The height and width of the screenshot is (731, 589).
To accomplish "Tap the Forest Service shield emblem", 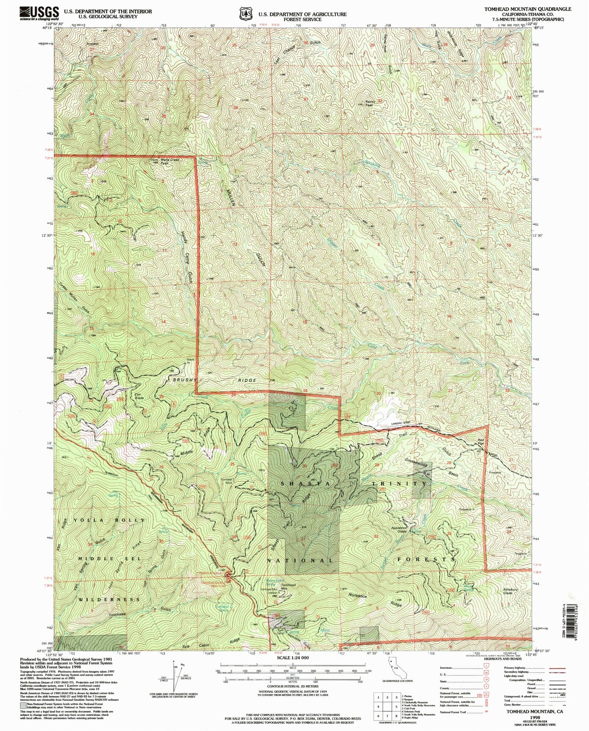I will (x=245, y=14).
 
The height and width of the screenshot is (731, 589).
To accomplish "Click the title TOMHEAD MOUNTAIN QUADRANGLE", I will (x=528, y=9).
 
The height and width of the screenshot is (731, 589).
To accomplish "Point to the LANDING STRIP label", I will (x=390, y=427).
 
